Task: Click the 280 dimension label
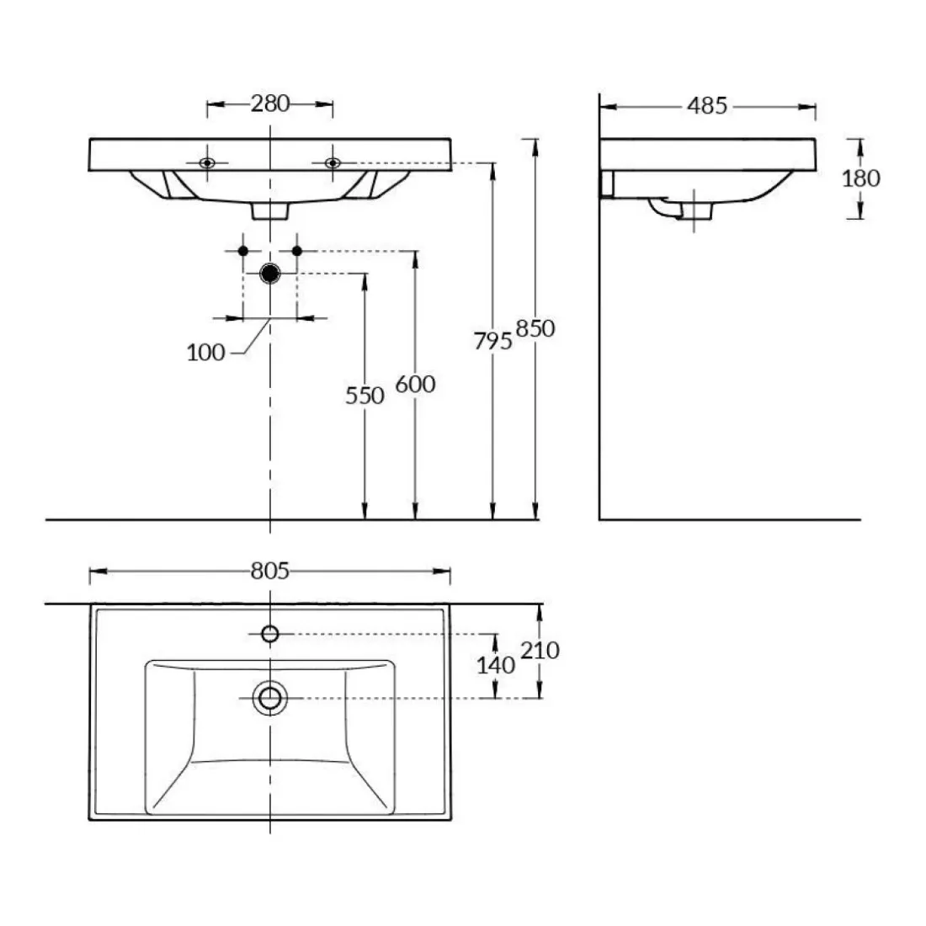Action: (x=270, y=104)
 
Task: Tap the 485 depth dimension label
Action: (x=707, y=106)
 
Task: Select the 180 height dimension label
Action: (x=860, y=178)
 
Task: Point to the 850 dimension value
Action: (x=535, y=329)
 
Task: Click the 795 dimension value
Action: (x=492, y=341)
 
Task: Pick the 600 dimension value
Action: (x=415, y=385)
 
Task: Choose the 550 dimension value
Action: (x=365, y=396)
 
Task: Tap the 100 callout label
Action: (x=205, y=353)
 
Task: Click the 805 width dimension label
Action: (x=270, y=571)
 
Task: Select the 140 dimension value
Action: (x=496, y=666)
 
